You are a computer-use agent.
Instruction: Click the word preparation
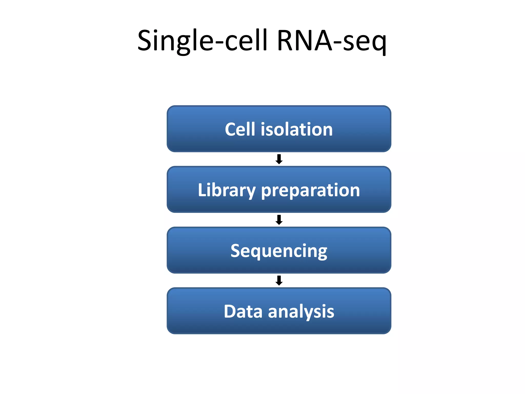click(x=310, y=190)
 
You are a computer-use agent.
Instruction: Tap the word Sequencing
click(x=279, y=251)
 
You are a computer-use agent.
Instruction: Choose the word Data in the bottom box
click(x=243, y=311)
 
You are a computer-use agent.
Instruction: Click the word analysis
click(x=301, y=311)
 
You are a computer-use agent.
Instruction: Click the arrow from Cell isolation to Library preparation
click(x=279, y=159)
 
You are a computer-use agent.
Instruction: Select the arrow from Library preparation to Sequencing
click(x=279, y=220)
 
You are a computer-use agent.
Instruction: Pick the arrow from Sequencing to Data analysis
click(x=279, y=280)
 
